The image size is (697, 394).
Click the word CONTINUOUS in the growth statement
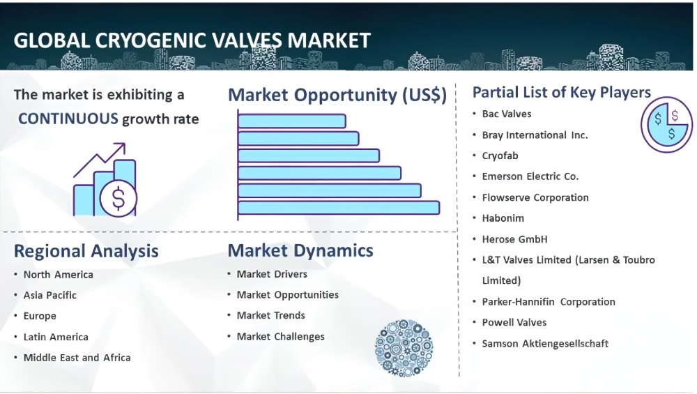68,119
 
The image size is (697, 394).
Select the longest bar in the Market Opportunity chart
339,208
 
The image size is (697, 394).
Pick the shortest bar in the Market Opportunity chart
291,121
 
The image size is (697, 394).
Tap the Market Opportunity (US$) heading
337,95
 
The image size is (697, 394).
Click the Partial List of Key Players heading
561,93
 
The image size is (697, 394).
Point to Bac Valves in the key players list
507,114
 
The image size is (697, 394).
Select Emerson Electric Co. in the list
530,176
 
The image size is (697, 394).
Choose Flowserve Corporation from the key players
535,197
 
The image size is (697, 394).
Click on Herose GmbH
515,239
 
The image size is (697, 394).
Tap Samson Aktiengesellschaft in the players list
545,344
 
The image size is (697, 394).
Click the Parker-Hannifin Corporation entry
549,302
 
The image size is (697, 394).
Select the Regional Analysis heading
86,251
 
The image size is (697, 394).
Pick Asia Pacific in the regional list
49,295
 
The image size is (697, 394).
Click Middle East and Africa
77,358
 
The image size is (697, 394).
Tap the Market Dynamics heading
300,250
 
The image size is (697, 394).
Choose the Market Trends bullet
270,316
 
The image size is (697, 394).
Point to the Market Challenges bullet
280,337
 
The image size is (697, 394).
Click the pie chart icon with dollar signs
666,125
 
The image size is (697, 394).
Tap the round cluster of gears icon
404,348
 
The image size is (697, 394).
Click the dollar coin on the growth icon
118,198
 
